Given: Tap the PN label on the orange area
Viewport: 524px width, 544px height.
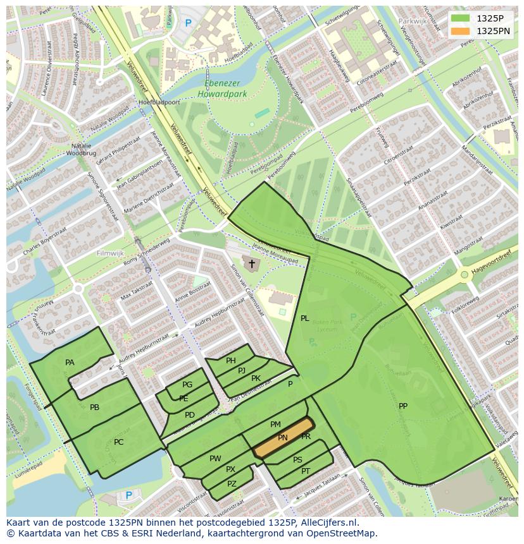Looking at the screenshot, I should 283,438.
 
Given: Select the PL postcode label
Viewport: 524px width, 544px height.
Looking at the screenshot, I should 304,318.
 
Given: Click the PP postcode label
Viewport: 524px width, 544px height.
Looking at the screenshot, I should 403,406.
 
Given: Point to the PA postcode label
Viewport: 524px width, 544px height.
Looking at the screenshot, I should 70,363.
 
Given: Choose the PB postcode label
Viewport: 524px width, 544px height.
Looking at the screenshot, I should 94,408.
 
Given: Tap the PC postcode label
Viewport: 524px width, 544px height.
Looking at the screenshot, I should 119,442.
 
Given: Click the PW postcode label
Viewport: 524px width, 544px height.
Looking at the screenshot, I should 215,459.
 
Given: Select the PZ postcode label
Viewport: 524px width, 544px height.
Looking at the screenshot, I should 232,484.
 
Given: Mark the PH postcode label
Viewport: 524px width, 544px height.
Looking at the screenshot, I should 231,361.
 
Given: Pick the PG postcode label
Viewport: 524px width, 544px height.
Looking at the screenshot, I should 187,385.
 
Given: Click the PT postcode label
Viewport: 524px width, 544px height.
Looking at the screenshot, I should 306,471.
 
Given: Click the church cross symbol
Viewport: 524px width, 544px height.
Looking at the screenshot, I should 251,263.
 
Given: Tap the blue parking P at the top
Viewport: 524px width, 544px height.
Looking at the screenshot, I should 188,23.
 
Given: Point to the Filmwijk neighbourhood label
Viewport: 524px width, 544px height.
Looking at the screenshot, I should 110,253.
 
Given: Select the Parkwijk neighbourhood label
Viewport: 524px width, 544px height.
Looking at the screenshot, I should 413,21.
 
